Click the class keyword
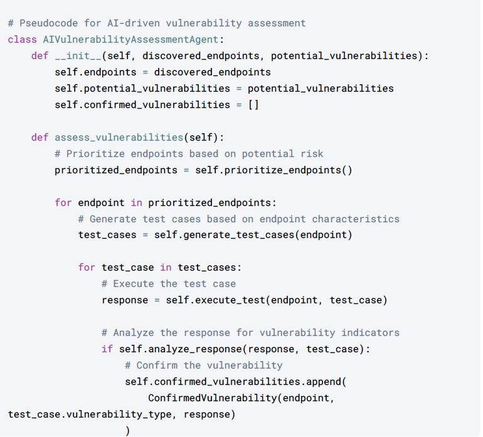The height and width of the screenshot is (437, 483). tap(22, 39)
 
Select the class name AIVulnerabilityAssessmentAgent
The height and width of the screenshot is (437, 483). tap(130, 39)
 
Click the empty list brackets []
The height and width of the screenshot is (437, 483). tap(253, 104)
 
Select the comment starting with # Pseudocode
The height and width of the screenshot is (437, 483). tap(157, 23)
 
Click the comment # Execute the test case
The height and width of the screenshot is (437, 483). tap(169, 283)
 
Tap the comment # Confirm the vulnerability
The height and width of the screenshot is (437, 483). tap(204, 365)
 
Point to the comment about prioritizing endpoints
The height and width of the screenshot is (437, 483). tap(189, 153)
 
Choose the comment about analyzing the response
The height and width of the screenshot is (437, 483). tap(250, 332)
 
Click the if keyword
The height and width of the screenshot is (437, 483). tap(107, 348)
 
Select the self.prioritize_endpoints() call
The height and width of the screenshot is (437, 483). tap(273, 170)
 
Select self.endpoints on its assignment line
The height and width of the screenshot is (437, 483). tap(95, 72)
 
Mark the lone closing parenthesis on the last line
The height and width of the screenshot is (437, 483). tap(128, 430)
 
